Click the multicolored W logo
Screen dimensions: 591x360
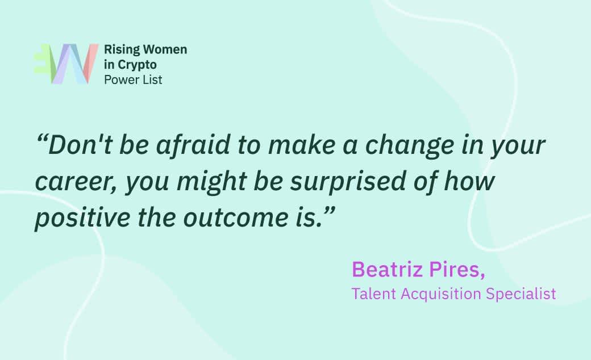click(66, 64)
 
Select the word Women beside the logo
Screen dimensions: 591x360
click(166, 49)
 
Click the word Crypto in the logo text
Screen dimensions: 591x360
click(137, 65)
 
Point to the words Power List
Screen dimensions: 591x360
click(133, 80)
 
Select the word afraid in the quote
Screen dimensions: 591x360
click(193, 145)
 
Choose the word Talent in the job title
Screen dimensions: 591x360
click(374, 294)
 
